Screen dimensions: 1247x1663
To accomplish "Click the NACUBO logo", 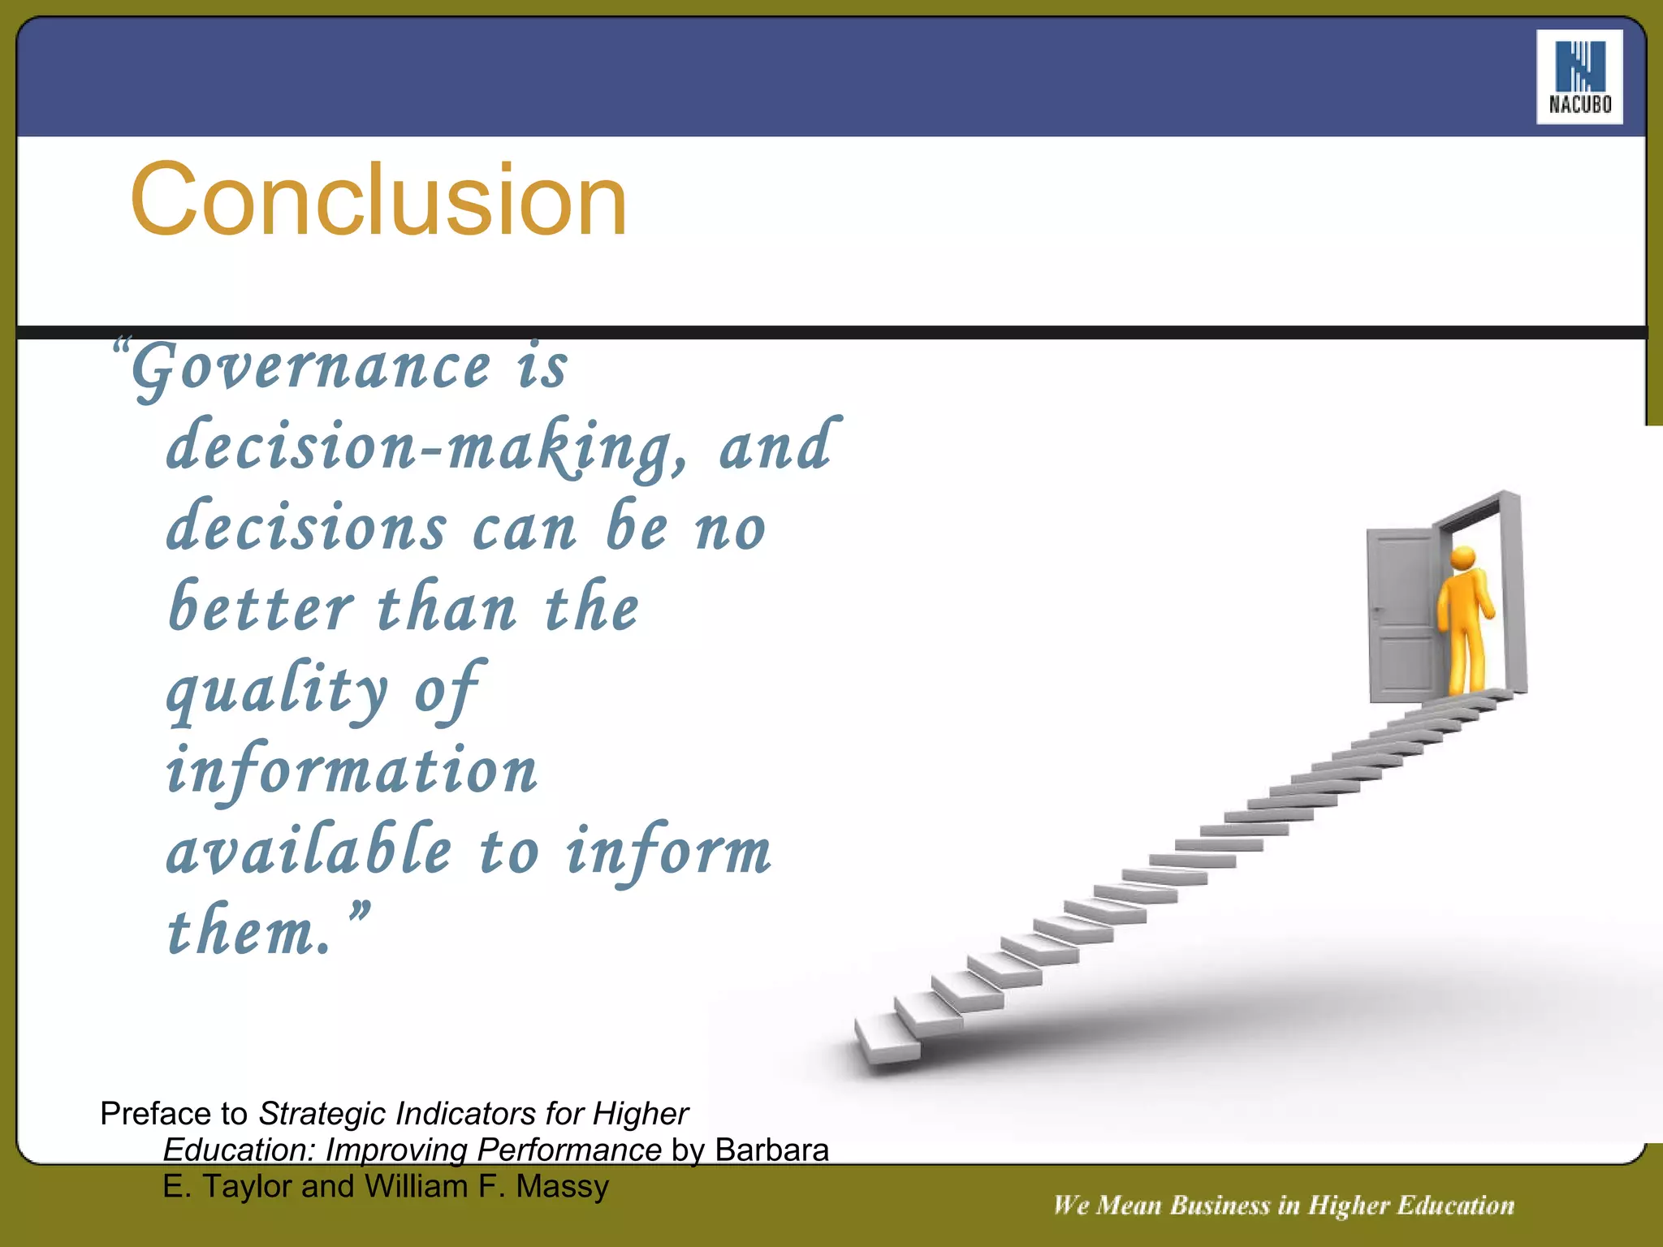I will [1579, 77].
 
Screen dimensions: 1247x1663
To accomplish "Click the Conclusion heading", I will [378, 200].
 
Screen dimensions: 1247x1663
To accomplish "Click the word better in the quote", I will [261, 608].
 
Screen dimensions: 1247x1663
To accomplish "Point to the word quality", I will [277, 691].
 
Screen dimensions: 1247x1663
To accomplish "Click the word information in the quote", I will [352, 770].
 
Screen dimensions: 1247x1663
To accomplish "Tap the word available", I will [309, 850].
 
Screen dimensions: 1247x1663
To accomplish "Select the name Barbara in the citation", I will [771, 1150].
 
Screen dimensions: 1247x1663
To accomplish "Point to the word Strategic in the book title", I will [322, 1114].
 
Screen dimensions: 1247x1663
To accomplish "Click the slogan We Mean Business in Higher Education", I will [1283, 1205].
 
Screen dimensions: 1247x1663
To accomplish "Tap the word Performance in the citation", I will [568, 1150].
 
